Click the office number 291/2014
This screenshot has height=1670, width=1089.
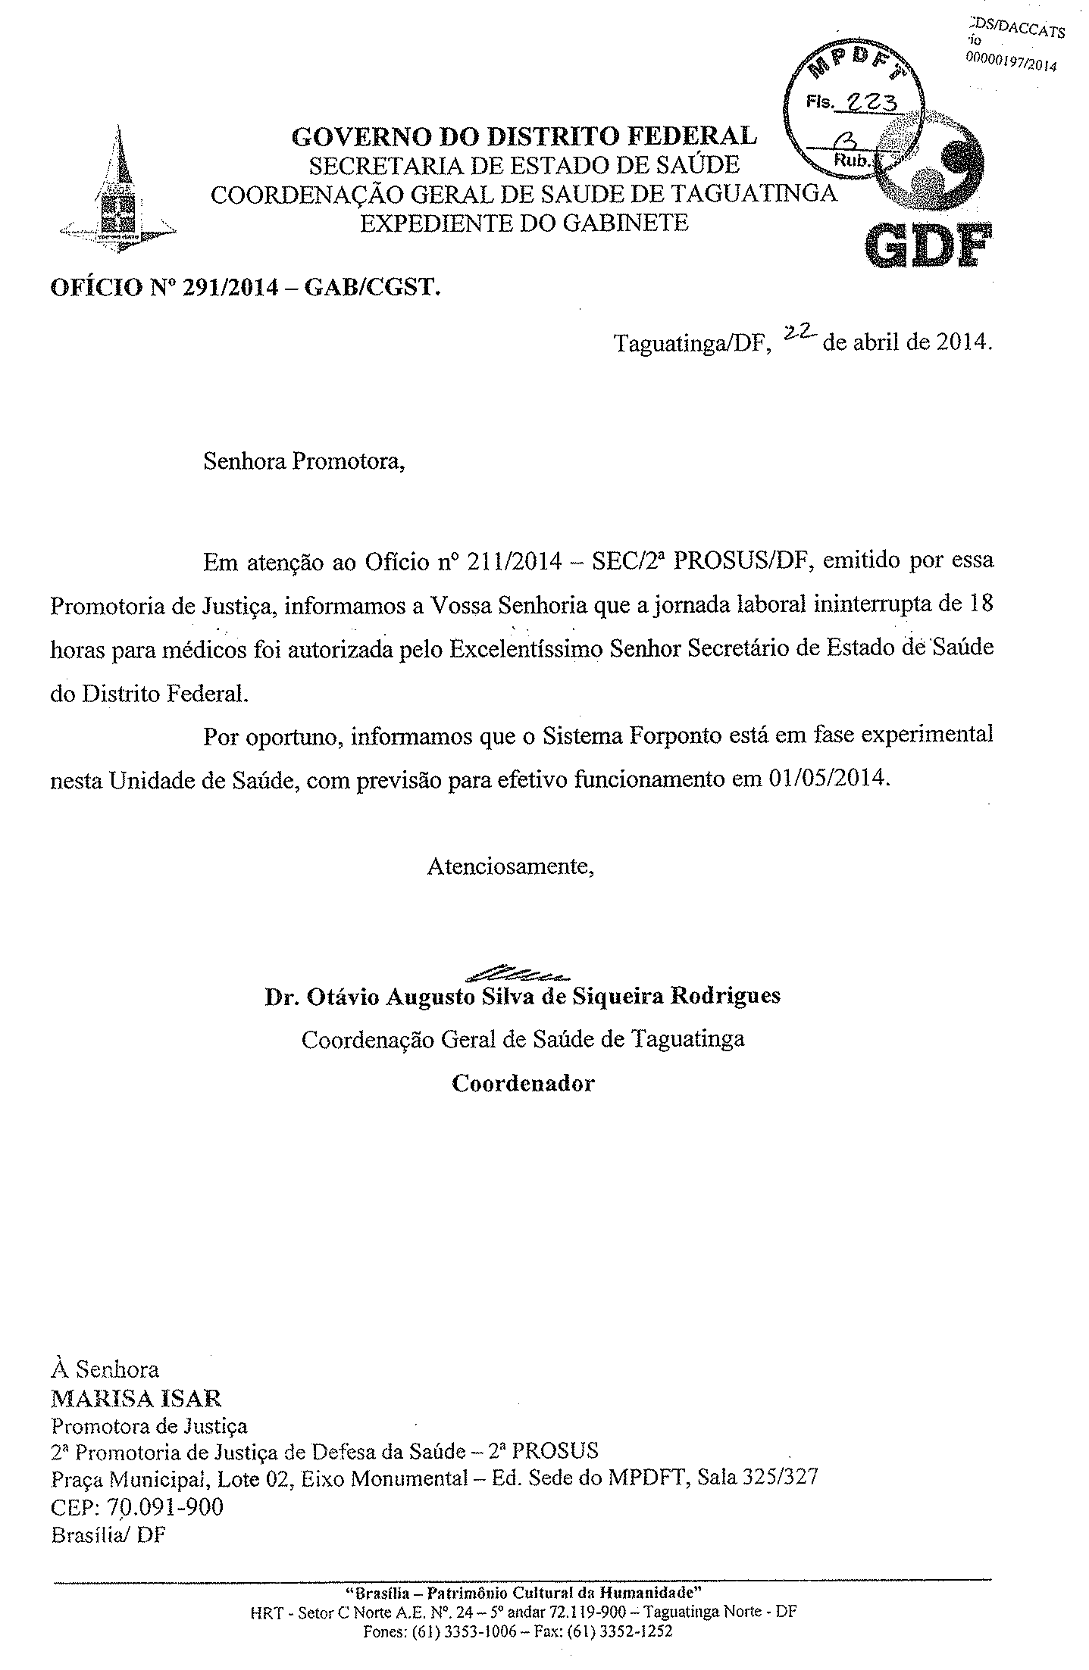(x=228, y=288)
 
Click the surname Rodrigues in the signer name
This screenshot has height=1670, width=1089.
(x=724, y=995)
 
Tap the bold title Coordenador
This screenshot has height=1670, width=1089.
(x=523, y=1083)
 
